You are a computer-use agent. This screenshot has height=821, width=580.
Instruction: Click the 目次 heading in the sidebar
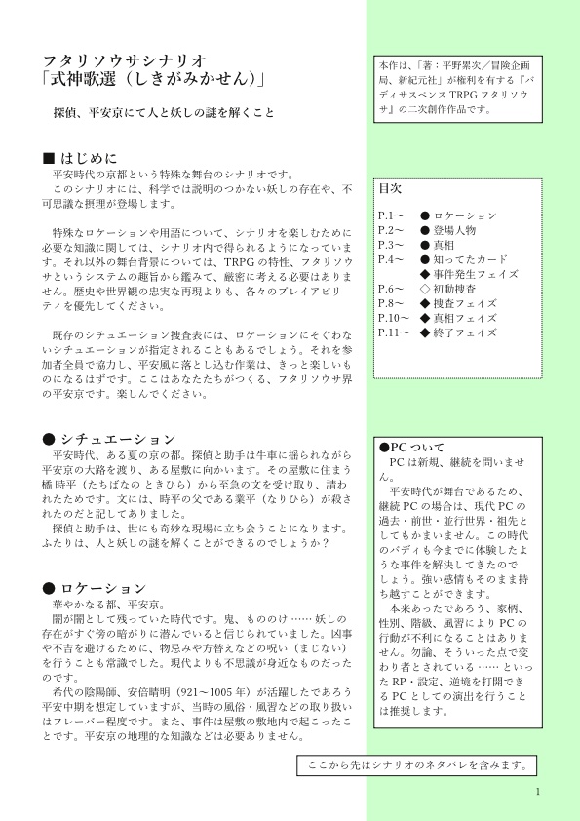tap(390, 186)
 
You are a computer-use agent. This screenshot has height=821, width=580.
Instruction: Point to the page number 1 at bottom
tap(537, 791)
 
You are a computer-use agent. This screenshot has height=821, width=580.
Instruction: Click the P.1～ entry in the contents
tap(391, 215)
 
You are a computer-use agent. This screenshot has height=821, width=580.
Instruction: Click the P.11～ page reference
tap(394, 332)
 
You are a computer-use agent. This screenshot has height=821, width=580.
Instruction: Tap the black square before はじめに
tap(51, 158)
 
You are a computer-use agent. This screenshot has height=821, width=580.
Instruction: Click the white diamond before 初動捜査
tap(424, 289)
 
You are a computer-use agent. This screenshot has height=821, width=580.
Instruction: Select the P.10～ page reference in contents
tap(394, 318)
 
